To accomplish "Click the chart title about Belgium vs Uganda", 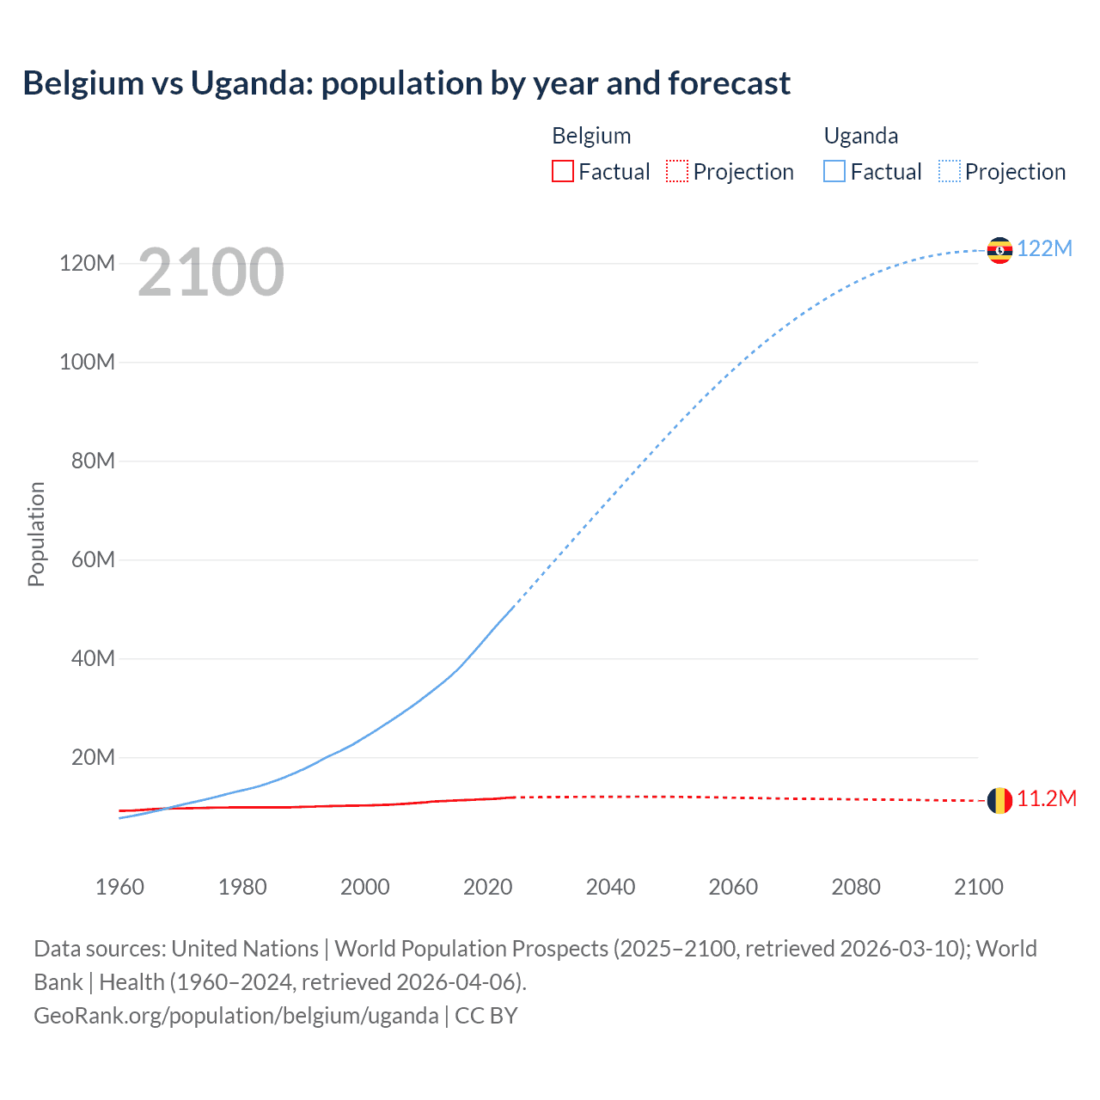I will [x=406, y=83].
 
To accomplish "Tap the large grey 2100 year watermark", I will [x=211, y=272].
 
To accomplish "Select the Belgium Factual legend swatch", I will [x=562, y=171].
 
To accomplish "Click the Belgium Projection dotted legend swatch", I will [x=677, y=171].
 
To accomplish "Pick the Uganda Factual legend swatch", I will [x=834, y=171].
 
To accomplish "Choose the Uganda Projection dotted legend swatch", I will [x=950, y=171].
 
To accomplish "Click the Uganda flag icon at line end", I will [x=999, y=250].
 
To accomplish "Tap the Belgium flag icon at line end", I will [x=999, y=800].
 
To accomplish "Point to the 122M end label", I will [x=1044, y=248].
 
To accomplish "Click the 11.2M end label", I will [x=1047, y=798].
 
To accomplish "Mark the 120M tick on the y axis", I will [x=87, y=263].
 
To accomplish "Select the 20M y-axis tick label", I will [x=93, y=757].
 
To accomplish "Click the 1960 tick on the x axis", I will [x=119, y=887].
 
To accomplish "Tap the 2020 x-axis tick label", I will [x=487, y=887].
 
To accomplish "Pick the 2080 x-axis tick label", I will [x=856, y=887].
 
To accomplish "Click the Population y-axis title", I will [x=36, y=534].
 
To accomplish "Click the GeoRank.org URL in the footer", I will [x=236, y=1015].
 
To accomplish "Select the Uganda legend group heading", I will [x=861, y=136].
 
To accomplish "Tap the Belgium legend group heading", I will [x=591, y=136].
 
